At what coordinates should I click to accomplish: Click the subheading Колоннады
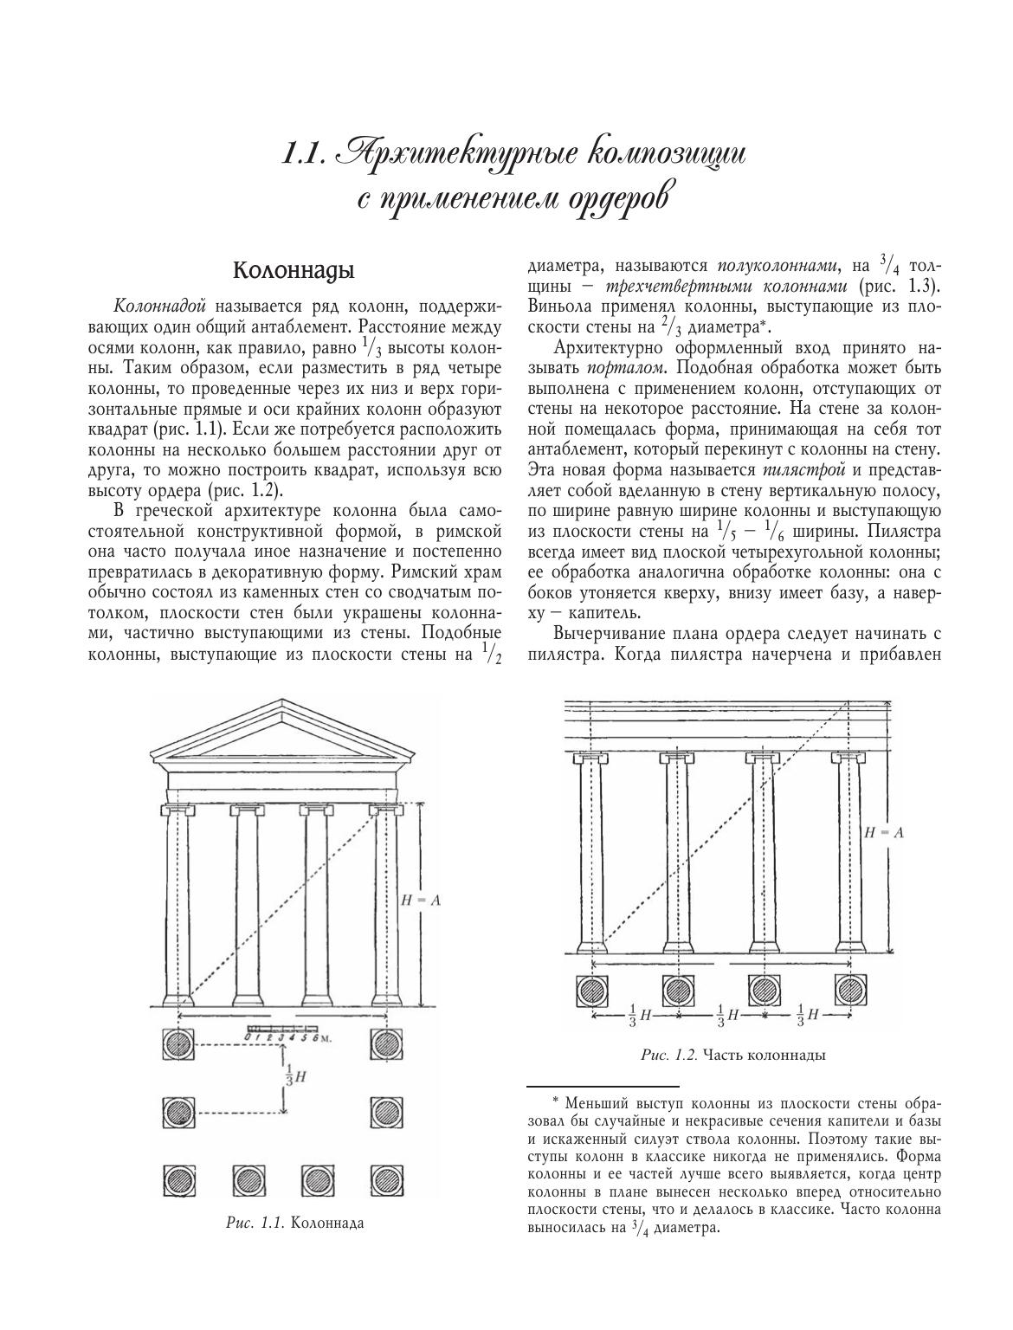pos(294,271)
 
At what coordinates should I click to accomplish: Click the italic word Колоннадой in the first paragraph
pos(159,307)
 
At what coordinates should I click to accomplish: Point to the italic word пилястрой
pos(797,471)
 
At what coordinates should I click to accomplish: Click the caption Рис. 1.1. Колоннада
pos(294,1223)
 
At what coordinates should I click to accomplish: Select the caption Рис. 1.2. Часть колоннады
pos(732,1055)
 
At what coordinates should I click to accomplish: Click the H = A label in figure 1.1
pos(422,901)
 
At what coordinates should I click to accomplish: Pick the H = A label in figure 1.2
pos(884,832)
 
